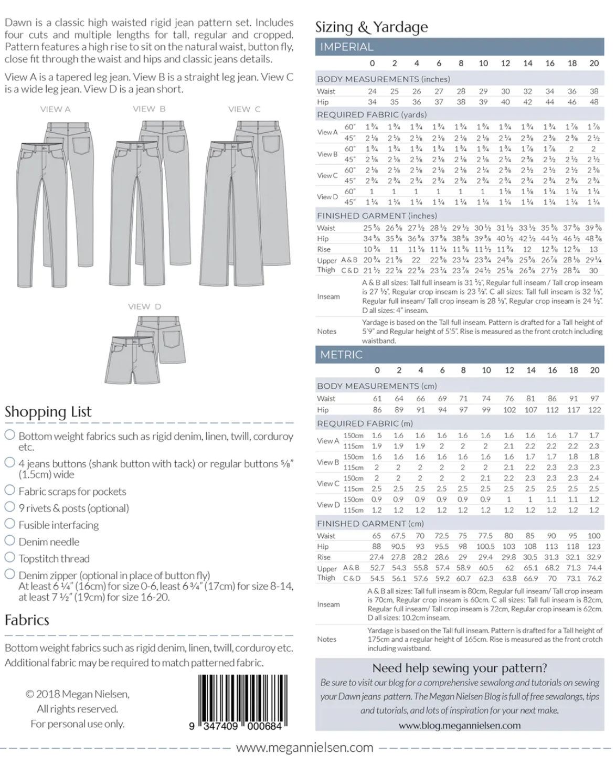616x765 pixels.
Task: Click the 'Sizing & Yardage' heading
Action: click(x=371, y=27)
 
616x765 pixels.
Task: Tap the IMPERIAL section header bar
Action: click(x=459, y=47)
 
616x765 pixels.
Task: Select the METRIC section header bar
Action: click(x=459, y=355)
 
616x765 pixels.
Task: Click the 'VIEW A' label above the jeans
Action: click(x=55, y=109)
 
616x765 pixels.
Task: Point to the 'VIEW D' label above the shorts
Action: click(x=144, y=306)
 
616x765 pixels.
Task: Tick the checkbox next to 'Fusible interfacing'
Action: click(x=9, y=524)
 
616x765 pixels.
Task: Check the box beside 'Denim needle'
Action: click(x=9, y=540)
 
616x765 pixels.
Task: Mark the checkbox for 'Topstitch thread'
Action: click(x=9, y=557)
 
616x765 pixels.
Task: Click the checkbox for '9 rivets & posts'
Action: click(x=9, y=507)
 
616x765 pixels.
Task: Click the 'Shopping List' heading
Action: click(x=48, y=412)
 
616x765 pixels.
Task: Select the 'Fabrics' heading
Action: click(x=27, y=620)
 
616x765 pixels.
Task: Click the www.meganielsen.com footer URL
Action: click(x=304, y=748)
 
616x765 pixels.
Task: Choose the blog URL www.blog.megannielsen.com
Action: click(x=460, y=726)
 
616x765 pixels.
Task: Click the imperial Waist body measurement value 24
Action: click(x=372, y=91)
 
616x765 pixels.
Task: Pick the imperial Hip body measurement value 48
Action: click(x=594, y=102)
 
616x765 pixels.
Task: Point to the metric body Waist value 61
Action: click(x=377, y=399)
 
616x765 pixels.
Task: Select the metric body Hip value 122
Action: click(x=594, y=410)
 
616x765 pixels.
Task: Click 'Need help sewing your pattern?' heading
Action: click(x=460, y=668)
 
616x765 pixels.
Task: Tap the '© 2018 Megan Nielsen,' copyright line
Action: click(x=78, y=694)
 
